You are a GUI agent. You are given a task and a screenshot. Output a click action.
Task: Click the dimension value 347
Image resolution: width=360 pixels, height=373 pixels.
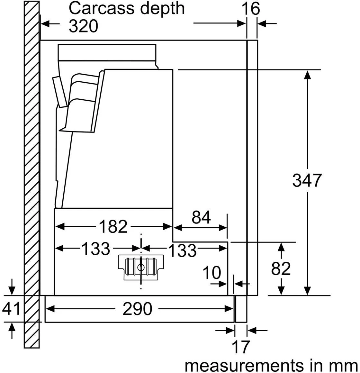coord(307,180)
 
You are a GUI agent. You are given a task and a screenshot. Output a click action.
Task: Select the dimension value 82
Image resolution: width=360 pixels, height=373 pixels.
coord(281,268)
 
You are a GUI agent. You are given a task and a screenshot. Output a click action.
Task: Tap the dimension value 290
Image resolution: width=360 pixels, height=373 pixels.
coord(137,309)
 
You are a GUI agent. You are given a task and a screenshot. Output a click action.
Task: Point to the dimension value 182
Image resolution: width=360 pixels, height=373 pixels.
coord(113,227)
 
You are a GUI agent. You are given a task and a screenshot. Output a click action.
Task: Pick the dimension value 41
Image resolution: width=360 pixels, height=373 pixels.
coord(11,309)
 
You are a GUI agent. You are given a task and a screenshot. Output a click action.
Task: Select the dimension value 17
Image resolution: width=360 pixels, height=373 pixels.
coord(240,347)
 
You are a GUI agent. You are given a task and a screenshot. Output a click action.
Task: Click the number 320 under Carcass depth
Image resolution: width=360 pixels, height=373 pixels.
coord(83,26)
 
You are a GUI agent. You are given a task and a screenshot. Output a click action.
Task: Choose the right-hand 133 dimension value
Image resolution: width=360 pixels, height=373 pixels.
coord(182,250)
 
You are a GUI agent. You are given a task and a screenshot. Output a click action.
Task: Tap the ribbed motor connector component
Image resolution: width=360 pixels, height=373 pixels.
coord(140,266)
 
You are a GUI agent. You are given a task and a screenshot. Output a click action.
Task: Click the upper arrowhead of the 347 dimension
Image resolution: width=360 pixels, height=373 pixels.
coord(308,75)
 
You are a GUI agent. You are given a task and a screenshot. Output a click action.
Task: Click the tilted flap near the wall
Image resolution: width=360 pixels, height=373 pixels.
coord(60,91)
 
